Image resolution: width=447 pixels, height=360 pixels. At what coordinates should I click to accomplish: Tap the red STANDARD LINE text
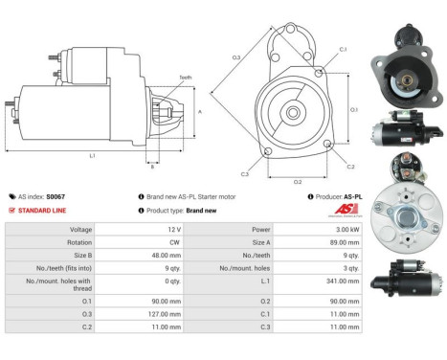click(41, 210)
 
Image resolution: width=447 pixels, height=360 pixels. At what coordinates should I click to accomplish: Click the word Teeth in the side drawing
click(184, 78)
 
